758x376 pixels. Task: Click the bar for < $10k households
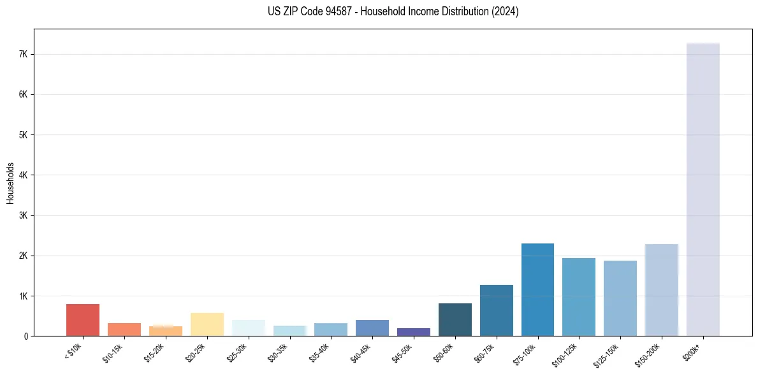[x=83, y=320]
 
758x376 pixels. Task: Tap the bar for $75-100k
[x=537, y=290]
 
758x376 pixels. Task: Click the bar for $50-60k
[x=455, y=320]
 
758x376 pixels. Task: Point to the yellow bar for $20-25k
[x=207, y=324]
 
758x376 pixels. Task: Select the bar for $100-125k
[x=579, y=297]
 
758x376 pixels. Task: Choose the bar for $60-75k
[x=497, y=310]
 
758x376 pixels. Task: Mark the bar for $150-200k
[x=661, y=290]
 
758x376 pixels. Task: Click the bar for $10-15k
[x=124, y=329]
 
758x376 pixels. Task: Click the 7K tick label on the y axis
[x=24, y=55]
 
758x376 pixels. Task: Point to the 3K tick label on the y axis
[x=24, y=215]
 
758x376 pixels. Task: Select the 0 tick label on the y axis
[x=26, y=336]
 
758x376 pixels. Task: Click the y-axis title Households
[x=11, y=182]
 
